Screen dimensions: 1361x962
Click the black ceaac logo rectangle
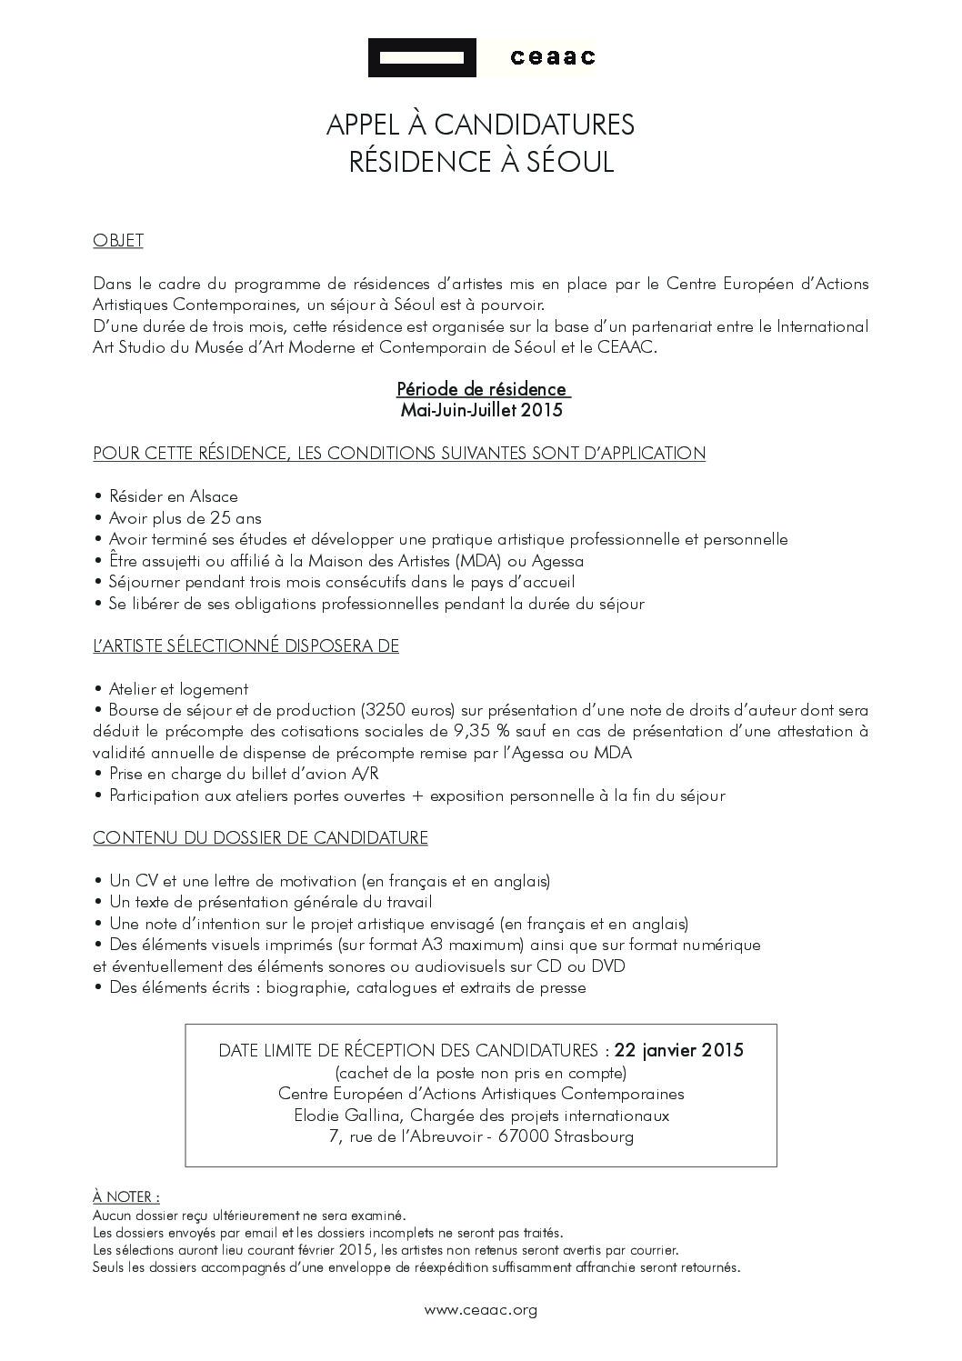[422, 58]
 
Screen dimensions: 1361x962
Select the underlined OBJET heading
[118, 241]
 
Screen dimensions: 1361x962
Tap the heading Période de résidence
[482, 389]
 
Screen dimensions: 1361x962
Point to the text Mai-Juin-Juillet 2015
[482, 410]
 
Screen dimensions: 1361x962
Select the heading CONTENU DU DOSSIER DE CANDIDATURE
[260, 837]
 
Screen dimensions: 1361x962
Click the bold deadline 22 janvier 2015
[678, 1050]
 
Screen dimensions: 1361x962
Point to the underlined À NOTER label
[125, 1197]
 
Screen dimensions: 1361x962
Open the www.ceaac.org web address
[481, 1310]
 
